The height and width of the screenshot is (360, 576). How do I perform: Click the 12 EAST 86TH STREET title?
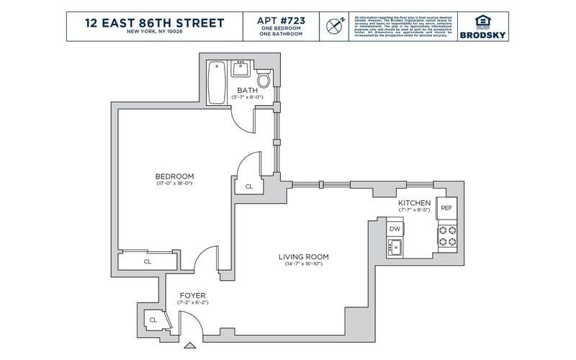tap(154, 22)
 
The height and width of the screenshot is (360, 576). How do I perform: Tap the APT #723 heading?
tap(280, 19)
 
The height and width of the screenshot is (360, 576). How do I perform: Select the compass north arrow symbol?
tap(333, 26)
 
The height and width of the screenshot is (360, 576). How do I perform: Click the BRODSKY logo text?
tap(482, 33)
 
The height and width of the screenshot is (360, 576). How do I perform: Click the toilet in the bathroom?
tap(264, 77)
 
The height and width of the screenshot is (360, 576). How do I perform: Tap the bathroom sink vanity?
tap(240, 70)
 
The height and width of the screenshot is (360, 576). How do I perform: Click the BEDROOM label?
tap(174, 176)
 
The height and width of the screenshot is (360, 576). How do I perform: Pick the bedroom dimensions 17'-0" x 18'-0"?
tap(174, 184)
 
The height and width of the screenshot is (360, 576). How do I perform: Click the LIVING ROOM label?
tap(303, 257)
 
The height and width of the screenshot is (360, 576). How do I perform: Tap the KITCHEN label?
tap(414, 203)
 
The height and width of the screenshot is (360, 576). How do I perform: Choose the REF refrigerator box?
tap(446, 208)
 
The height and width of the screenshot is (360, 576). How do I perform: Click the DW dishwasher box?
tap(395, 229)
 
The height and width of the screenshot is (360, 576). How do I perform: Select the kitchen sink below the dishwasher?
tap(395, 248)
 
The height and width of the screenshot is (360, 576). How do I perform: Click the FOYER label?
tap(192, 295)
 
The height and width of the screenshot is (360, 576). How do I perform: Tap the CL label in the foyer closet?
tap(153, 319)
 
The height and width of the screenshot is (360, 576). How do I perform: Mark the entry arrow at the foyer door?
tap(190, 346)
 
